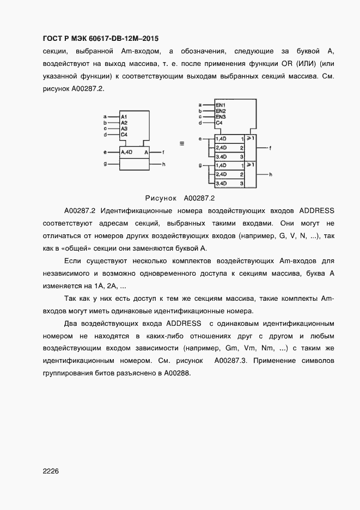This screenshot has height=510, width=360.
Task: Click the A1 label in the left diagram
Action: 124,117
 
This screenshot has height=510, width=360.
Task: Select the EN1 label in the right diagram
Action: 220,105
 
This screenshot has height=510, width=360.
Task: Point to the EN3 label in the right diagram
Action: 220,117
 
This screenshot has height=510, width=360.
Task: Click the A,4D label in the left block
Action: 126,152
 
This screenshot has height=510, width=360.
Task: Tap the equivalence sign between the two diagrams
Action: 181,144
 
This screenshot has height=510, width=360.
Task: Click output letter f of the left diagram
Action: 163,152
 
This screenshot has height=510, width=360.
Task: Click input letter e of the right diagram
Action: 200,139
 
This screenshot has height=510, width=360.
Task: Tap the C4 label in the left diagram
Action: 124,134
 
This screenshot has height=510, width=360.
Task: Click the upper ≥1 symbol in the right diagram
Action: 250,138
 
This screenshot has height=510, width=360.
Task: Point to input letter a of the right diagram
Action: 200,105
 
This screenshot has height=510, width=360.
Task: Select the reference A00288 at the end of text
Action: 174,374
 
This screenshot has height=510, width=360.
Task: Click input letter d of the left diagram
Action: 105,134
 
